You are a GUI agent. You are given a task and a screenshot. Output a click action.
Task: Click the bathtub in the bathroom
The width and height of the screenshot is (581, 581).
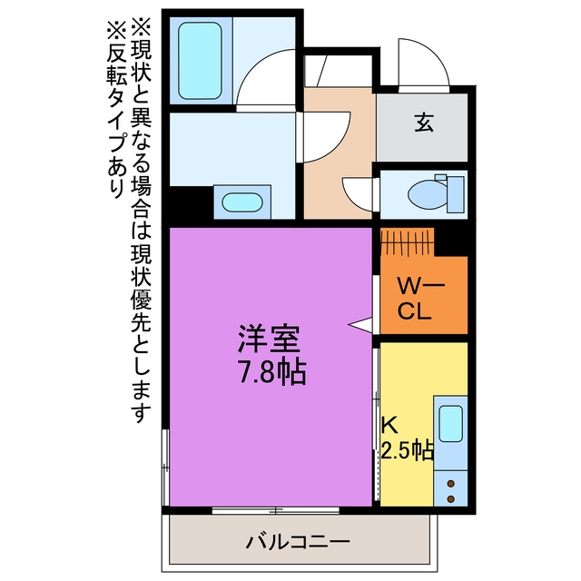[200, 61]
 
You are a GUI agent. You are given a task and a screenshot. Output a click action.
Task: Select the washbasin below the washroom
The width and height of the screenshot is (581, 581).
[242, 202]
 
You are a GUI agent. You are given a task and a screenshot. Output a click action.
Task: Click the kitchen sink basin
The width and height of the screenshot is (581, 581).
[450, 424]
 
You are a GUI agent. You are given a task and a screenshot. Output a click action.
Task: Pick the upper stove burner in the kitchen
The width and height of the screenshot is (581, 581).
[451, 484]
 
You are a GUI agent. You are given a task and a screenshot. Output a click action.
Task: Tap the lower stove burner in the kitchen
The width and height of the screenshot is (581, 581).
[451, 499]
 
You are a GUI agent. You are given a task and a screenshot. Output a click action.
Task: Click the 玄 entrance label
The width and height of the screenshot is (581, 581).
[424, 123]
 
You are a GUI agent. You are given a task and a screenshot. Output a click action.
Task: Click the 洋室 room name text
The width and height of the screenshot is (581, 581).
[269, 339]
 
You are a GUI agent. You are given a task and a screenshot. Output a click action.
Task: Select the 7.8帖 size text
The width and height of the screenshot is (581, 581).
[271, 371]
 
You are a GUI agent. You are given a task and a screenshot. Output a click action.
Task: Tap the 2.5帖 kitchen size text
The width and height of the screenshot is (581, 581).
[407, 450]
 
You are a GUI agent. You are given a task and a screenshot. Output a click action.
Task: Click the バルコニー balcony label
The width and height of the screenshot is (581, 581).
[299, 543]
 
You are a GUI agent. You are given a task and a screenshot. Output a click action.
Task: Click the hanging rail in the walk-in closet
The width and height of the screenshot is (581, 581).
[408, 241]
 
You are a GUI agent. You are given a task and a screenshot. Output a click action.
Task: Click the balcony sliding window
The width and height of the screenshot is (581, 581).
[276, 510]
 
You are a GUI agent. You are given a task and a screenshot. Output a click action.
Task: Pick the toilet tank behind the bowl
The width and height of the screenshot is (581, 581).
[456, 194]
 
